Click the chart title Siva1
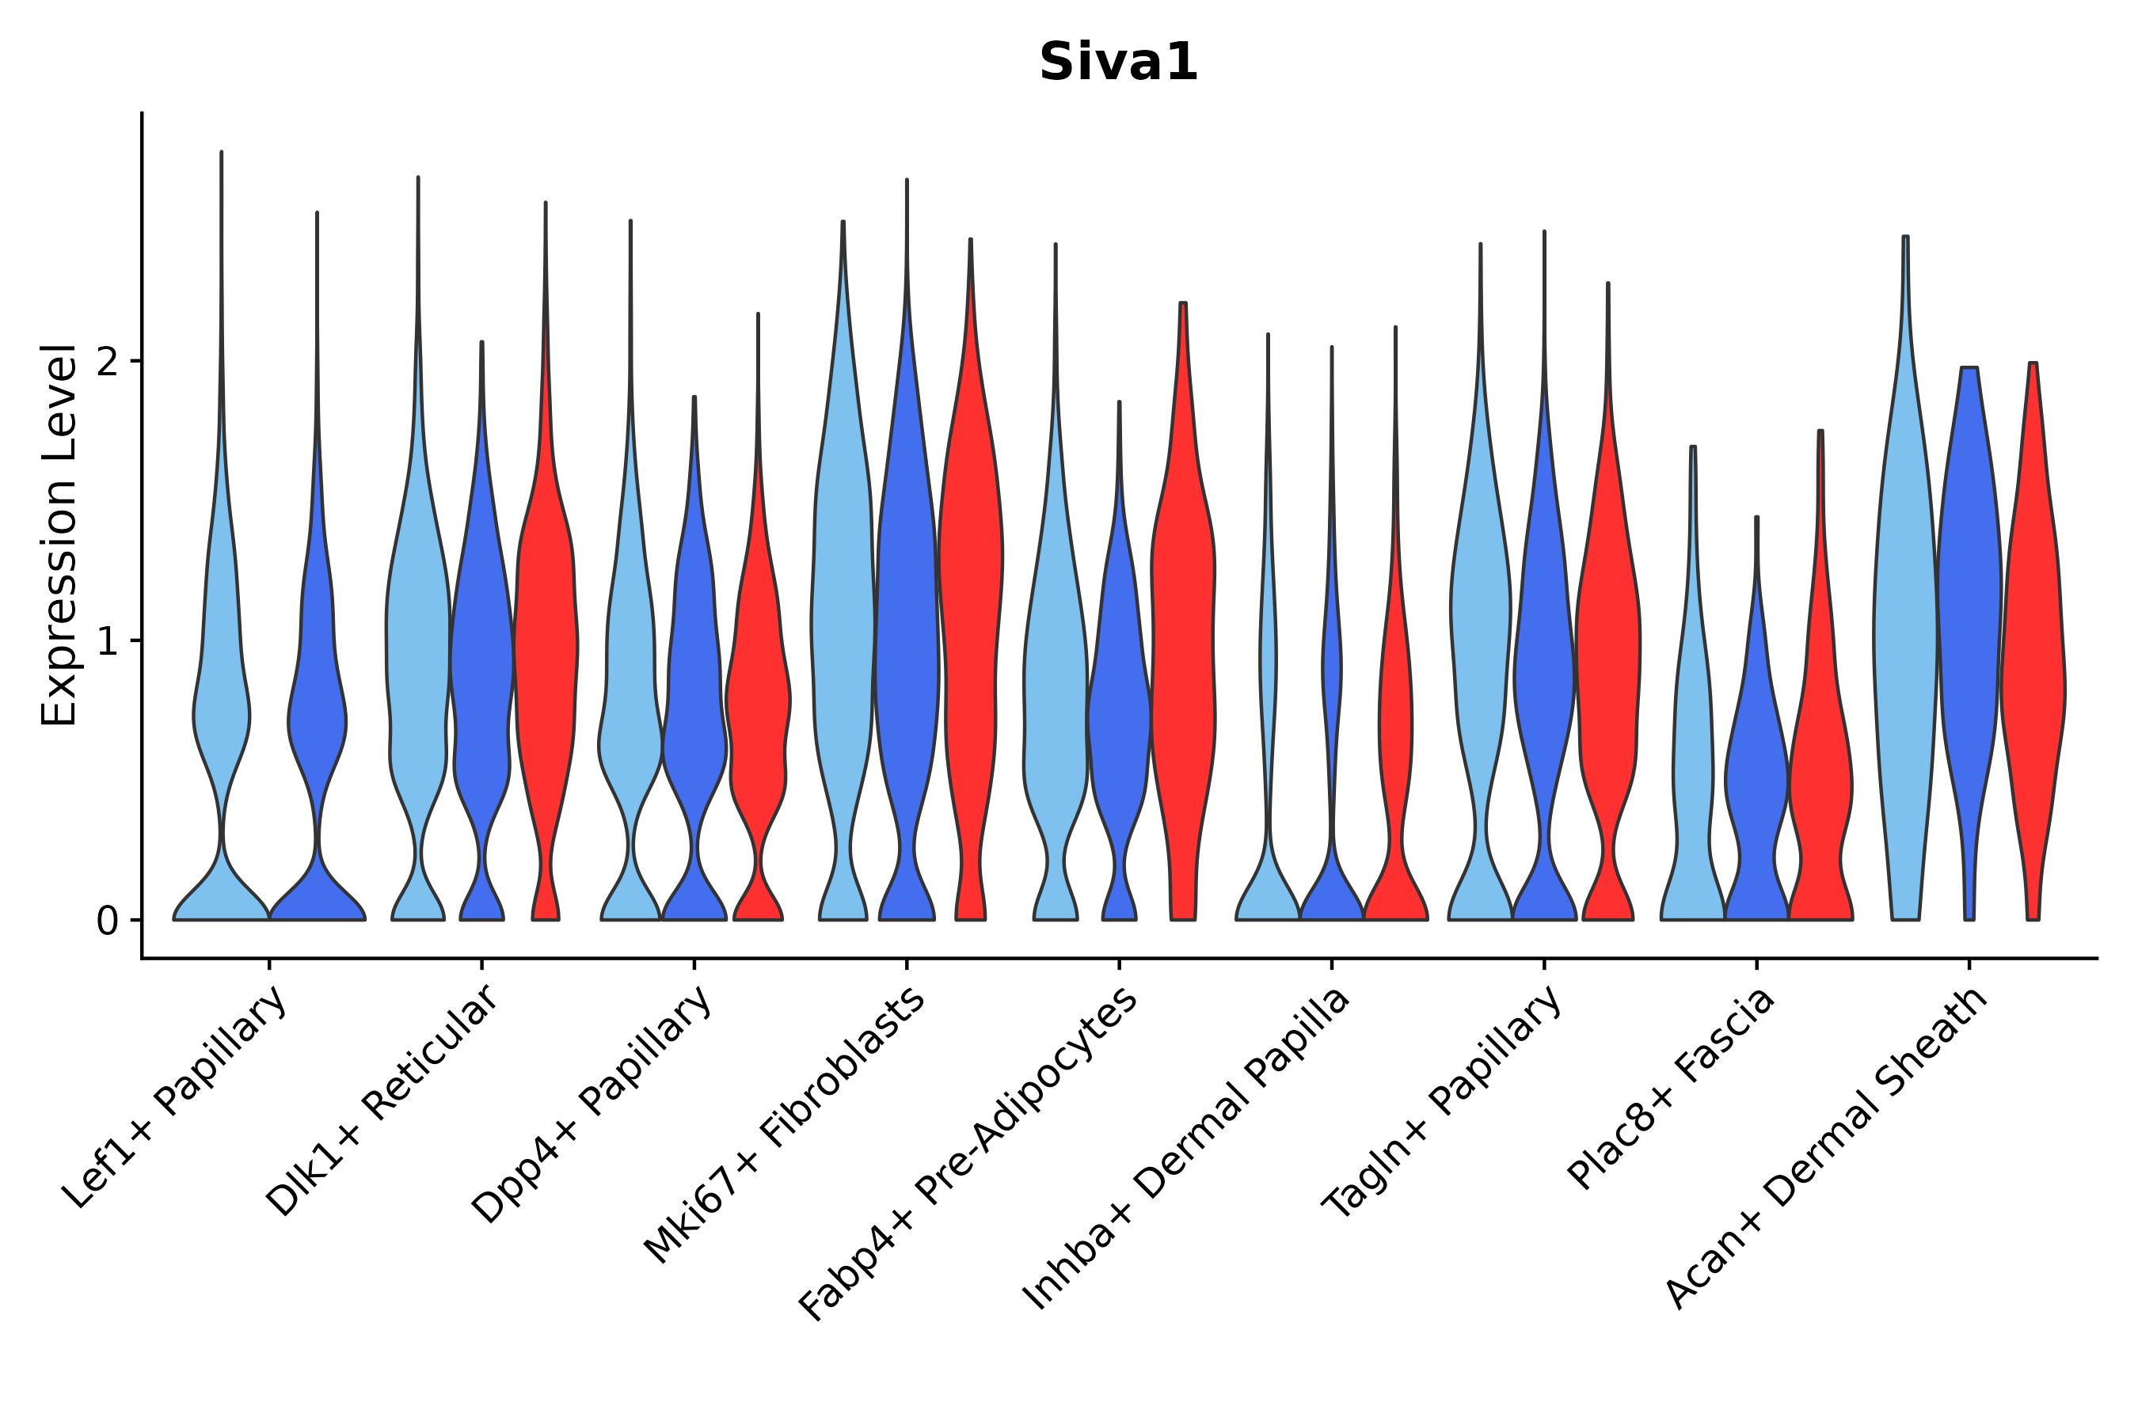(1118, 63)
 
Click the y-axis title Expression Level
(59, 534)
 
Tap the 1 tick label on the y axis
(108, 641)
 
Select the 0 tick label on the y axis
(108, 921)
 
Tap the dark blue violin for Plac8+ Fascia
(1756, 773)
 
